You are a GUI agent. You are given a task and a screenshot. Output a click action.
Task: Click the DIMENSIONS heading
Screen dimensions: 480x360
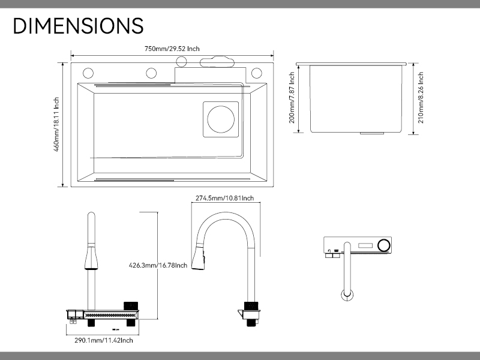coord(78,25)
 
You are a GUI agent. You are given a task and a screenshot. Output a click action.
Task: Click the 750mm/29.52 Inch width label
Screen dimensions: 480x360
coord(172,49)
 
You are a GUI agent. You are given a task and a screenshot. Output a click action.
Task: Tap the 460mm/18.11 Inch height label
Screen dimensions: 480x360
coord(56,124)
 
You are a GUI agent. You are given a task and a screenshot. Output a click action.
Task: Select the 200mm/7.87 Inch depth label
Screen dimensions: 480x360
coord(292,98)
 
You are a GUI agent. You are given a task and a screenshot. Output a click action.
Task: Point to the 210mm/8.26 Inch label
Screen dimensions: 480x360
coord(421,98)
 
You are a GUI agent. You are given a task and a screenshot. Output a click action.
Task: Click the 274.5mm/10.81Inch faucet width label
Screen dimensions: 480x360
coord(224,198)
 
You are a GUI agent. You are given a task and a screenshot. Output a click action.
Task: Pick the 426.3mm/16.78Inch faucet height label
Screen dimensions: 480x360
coord(158,265)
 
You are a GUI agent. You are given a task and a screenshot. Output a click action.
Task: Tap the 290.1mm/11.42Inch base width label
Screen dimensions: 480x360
coord(104,340)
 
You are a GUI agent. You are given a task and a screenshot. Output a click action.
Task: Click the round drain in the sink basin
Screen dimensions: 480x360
coord(221,119)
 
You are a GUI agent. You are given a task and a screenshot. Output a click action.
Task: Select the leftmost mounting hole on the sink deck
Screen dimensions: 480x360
coord(88,73)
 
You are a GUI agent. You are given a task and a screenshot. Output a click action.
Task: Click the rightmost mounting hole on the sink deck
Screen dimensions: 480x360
coord(257,73)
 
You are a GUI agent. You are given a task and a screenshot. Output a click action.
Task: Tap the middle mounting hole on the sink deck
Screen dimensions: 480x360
coord(151,73)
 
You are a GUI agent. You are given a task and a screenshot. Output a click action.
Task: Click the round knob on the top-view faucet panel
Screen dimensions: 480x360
coord(384,245)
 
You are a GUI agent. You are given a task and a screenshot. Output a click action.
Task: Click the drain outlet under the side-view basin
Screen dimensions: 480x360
coord(372,133)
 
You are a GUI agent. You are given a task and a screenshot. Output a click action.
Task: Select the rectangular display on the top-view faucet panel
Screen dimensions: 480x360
coord(366,245)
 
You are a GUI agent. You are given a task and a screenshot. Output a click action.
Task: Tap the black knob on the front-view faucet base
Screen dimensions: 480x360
coord(131,306)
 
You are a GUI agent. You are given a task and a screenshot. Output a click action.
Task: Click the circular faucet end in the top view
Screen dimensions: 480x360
coord(347,295)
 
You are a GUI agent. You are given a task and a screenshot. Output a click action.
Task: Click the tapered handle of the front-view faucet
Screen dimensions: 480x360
coord(91,257)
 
